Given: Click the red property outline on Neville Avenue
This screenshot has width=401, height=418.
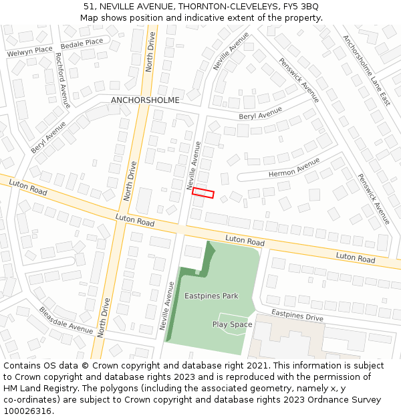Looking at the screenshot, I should (203, 193).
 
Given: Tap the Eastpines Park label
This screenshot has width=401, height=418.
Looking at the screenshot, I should (211, 295).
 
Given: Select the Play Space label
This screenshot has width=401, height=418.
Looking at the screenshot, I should (232, 324).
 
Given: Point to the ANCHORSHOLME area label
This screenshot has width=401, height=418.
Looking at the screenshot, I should (145, 100).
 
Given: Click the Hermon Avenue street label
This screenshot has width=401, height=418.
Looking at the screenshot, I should (294, 169).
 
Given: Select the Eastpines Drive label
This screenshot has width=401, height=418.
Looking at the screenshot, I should (297, 316).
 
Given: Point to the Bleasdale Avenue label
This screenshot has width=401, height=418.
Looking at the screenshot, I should (65, 320).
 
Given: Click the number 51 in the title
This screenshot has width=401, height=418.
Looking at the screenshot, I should (88, 6).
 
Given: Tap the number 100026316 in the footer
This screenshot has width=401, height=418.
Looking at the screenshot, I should (28, 411).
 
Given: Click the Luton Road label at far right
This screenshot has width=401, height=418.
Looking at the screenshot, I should (356, 257).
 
